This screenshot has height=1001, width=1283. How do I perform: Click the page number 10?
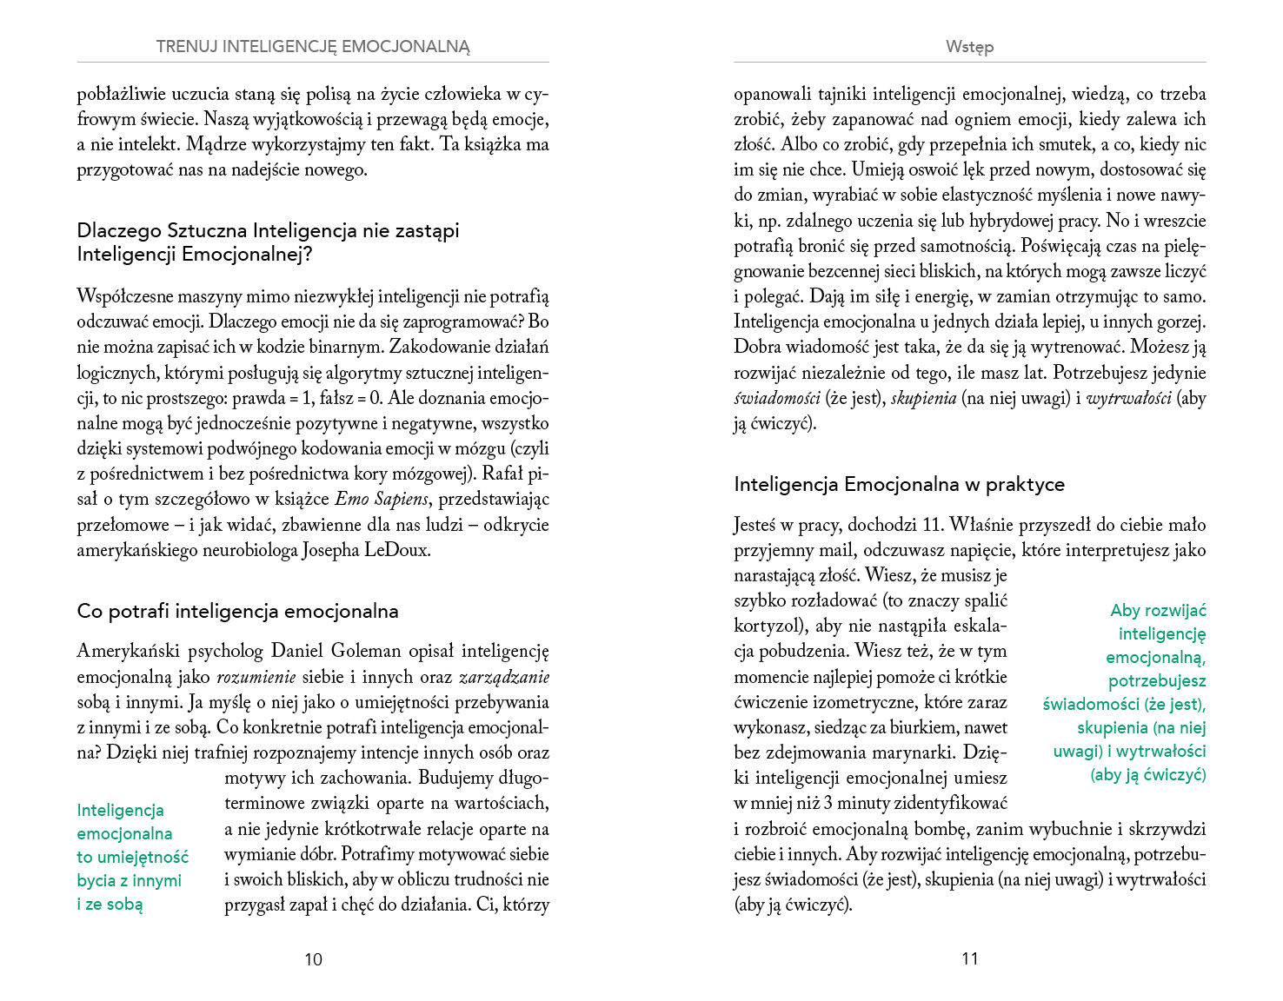[313, 959]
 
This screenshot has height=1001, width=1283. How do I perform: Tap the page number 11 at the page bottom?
[970, 958]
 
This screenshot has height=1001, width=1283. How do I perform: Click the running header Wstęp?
[969, 47]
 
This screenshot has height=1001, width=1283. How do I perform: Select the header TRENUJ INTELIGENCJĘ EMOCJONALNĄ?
[313, 47]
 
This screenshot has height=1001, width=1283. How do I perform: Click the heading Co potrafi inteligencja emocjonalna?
[237, 611]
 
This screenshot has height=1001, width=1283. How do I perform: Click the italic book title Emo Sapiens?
[382, 500]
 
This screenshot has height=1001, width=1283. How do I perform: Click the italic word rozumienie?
[256, 677]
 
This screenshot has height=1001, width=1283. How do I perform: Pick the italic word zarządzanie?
[504, 677]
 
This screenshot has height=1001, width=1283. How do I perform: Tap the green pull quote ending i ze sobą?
[132, 857]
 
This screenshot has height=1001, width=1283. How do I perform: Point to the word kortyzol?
[765, 626]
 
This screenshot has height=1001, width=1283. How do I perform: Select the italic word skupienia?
[923, 399]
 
